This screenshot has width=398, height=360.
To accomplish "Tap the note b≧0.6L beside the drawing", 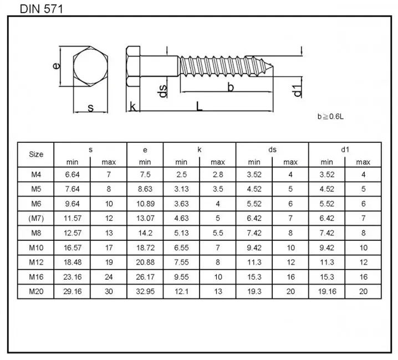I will coord(331,116).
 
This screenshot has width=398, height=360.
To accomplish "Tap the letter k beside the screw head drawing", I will coord(133,106).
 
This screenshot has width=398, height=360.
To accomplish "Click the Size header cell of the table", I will coord(35,155).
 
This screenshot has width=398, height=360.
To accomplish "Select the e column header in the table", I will coord(145,150).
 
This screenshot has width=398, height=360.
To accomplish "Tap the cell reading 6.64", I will coord(72,174).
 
